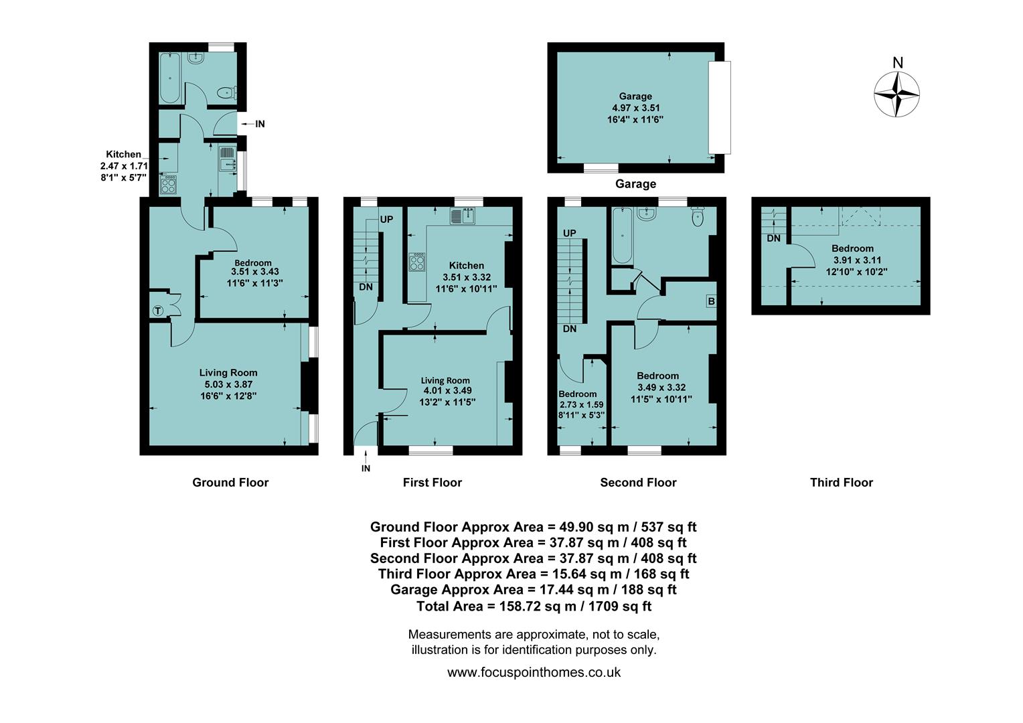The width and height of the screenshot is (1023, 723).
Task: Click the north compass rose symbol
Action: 896,94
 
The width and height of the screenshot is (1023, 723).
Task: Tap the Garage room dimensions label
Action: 635,108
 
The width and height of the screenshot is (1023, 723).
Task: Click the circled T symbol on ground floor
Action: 157,311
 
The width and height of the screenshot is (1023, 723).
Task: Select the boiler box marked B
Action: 711,301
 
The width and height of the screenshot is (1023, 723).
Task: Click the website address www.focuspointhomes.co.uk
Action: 534,672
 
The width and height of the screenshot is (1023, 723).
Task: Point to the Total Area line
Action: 534,606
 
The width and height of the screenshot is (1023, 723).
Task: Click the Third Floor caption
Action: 841,483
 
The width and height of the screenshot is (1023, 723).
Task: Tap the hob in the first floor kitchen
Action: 416,261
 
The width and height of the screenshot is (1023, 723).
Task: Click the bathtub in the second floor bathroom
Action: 622,236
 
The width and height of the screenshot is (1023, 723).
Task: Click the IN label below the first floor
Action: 366,469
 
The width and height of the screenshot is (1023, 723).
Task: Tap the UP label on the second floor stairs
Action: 569,233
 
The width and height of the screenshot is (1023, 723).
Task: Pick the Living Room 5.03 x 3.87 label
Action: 228,384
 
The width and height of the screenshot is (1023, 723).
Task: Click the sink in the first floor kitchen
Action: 462,216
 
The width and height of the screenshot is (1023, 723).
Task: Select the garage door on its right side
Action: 719,108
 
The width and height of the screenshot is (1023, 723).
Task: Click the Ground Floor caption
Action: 230,483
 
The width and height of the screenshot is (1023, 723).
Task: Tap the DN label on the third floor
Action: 773,238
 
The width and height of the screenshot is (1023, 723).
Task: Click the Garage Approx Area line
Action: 534,590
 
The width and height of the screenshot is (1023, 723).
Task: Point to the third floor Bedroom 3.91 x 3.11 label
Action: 852,260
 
